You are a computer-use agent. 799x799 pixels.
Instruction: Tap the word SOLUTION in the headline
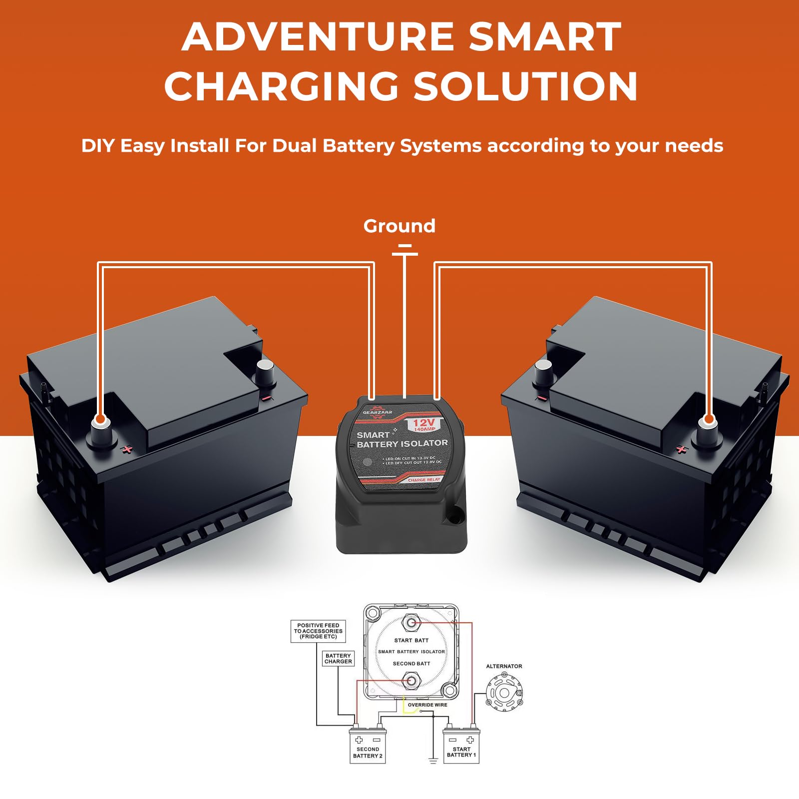pos(525,86)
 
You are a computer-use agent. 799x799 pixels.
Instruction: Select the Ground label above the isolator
pos(399,226)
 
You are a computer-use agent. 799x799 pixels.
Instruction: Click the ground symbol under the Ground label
pos(404,250)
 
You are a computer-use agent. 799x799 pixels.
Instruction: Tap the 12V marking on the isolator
pos(423,423)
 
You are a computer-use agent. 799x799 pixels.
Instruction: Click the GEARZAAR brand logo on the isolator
pos(378,412)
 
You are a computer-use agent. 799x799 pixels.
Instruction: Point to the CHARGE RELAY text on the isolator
pos(424,480)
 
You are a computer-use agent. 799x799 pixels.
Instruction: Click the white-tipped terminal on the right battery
pos(708,422)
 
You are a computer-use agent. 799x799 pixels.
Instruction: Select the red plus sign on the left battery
pos(128,449)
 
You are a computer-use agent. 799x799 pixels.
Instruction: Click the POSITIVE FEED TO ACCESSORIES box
pos(318,631)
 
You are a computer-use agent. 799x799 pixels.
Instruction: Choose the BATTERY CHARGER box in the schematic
pos(338,659)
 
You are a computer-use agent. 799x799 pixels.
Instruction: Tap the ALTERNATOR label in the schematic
pos(504,666)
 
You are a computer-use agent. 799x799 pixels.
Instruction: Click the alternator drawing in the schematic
pos(504,692)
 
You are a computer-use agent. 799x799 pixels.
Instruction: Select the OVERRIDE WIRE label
pos(427,705)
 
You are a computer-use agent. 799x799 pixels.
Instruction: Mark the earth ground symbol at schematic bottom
pos(433,760)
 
